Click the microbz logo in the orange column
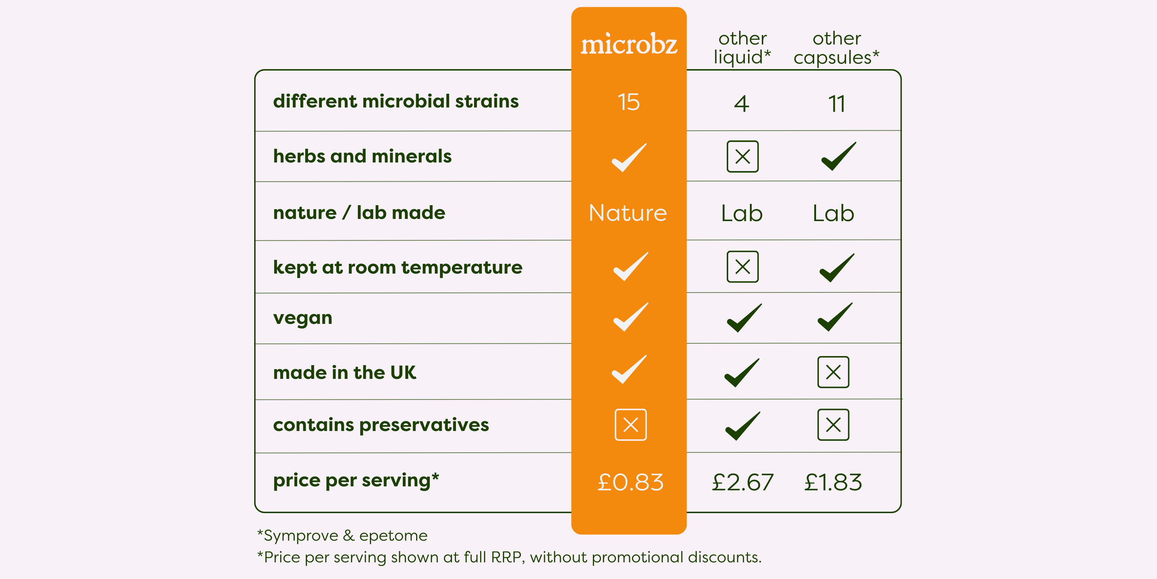point(629,44)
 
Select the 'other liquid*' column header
point(742,48)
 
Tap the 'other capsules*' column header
point(836,48)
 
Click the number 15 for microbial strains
point(628,102)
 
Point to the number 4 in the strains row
point(742,104)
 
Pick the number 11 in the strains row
point(837,104)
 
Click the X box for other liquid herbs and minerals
point(742,156)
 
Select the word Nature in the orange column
point(628,213)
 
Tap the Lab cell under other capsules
point(833,213)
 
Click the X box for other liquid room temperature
point(742,267)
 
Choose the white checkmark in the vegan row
point(631,317)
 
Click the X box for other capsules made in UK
point(833,372)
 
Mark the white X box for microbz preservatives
point(631,425)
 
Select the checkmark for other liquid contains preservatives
point(742,426)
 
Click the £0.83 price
point(631,482)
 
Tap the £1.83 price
point(833,482)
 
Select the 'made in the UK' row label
point(345,373)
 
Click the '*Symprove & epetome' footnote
point(342,536)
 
